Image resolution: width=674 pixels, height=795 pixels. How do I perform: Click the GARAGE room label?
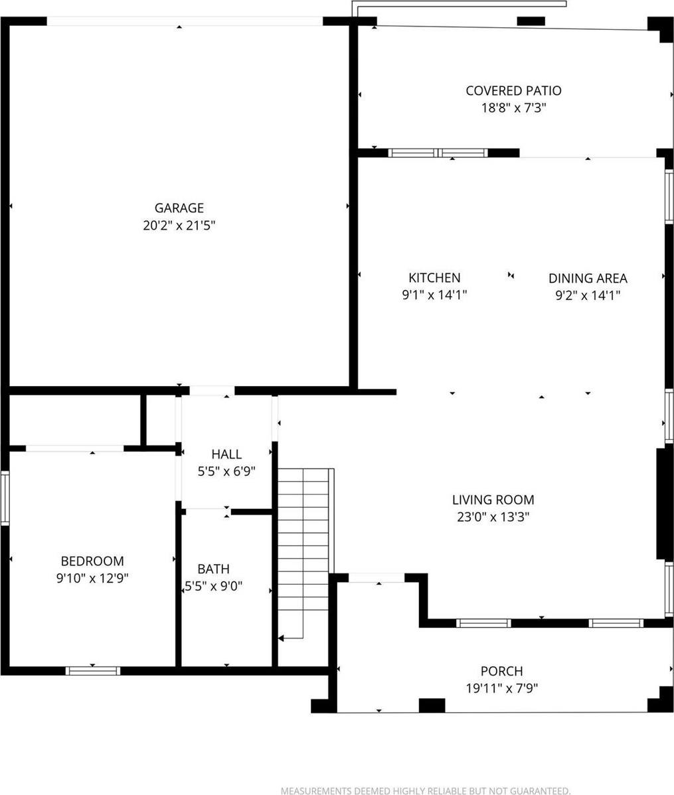[179, 208]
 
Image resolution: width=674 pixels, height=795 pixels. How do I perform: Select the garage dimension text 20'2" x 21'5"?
[179, 226]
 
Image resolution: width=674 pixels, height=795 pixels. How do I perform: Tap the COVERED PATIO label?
[513, 91]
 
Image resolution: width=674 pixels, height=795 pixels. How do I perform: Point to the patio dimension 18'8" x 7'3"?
[513, 108]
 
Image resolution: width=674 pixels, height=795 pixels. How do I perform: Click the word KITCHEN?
[434, 278]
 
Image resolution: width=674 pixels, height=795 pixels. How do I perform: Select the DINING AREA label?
[588, 279]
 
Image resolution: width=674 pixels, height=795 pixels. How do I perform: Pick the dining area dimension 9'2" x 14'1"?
[588, 295]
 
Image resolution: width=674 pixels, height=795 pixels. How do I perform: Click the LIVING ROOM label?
[493, 500]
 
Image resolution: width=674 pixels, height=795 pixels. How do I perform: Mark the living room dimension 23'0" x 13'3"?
[493, 517]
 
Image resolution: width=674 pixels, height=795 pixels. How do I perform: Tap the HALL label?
[226, 455]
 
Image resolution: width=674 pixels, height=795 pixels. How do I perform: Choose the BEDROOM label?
[92, 561]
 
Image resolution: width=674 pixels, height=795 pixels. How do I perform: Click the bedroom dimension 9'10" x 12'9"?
[92, 578]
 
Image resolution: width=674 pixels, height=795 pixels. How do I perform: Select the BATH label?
[214, 569]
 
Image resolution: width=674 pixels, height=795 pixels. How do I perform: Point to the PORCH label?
[501, 672]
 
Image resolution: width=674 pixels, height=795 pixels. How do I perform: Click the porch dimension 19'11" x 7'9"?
[501, 688]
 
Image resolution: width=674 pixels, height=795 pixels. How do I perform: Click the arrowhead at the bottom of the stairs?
[282, 638]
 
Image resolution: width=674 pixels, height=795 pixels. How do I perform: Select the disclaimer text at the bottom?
[425, 790]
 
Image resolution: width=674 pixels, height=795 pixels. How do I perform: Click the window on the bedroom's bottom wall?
[93, 671]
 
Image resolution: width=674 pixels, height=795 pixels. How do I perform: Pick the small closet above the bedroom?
[74, 420]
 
